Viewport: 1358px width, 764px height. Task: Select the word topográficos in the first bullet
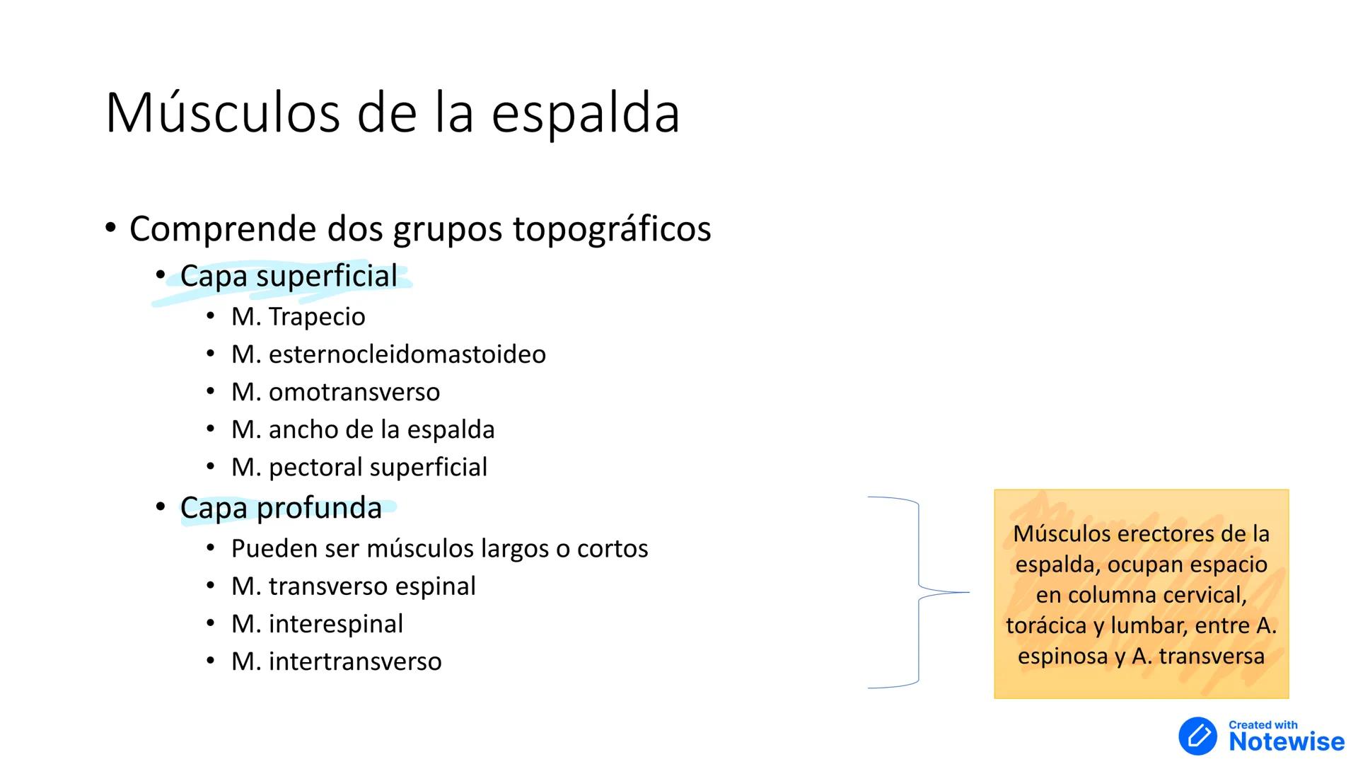pyautogui.click(x=612, y=229)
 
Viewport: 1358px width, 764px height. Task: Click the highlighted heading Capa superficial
pyautogui.click(x=289, y=277)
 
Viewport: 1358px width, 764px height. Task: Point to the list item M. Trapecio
pyautogui.click(x=298, y=317)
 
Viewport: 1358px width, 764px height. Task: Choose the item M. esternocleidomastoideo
pyautogui.click(x=388, y=354)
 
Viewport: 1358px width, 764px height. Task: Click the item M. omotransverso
pyautogui.click(x=335, y=392)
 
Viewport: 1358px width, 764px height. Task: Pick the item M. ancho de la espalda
pyautogui.click(x=363, y=429)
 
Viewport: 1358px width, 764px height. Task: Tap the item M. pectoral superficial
pyautogui.click(x=359, y=467)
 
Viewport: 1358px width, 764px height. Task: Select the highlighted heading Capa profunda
pyautogui.click(x=281, y=508)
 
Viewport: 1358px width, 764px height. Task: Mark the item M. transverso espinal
pyautogui.click(x=353, y=586)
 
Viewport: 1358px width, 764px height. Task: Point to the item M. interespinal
pyautogui.click(x=317, y=624)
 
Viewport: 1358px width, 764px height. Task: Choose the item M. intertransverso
pyautogui.click(x=336, y=661)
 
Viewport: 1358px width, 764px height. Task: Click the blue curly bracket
pyautogui.click(x=919, y=592)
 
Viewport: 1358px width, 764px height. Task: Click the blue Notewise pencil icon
pyautogui.click(x=1197, y=736)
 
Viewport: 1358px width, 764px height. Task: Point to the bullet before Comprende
pyautogui.click(x=110, y=228)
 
